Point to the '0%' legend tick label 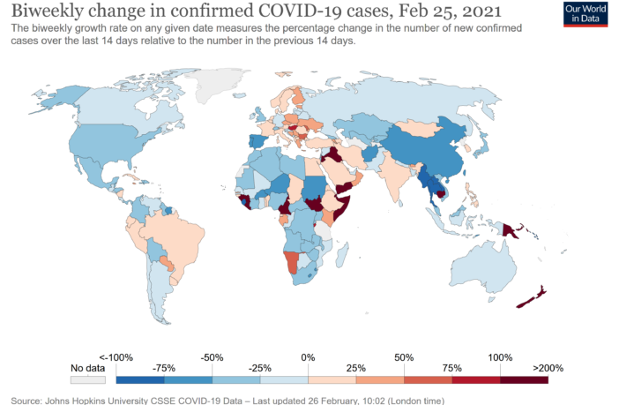tap(308, 356)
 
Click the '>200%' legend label tap(547, 367)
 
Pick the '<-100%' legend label tap(116, 356)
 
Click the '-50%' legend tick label tap(212, 356)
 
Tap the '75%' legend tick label tap(451, 367)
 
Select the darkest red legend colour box tap(524, 380)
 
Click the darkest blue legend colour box tap(140, 380)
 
